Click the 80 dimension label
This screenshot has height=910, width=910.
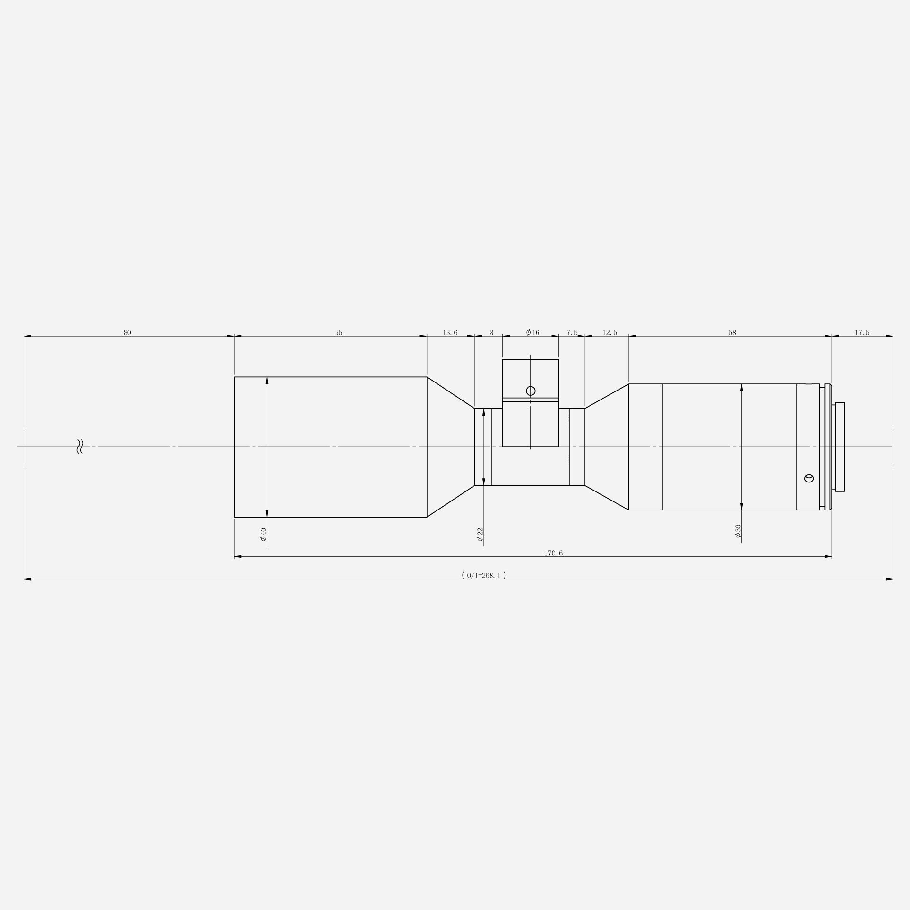tap(127, 333)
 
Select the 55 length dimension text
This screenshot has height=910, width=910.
tap(338, 333)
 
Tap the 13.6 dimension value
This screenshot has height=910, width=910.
tap(450, 333)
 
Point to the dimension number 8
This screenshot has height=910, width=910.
tap(491, 333)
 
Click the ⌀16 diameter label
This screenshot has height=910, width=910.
tap(533, 333)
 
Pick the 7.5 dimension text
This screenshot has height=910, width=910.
tap(572, 333)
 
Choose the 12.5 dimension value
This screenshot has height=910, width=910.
tap(610, 333)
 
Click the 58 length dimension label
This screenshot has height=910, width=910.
tap(732, 333)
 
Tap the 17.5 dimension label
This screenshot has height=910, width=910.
tap(862, 333)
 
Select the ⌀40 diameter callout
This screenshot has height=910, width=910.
tap(264, 534)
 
